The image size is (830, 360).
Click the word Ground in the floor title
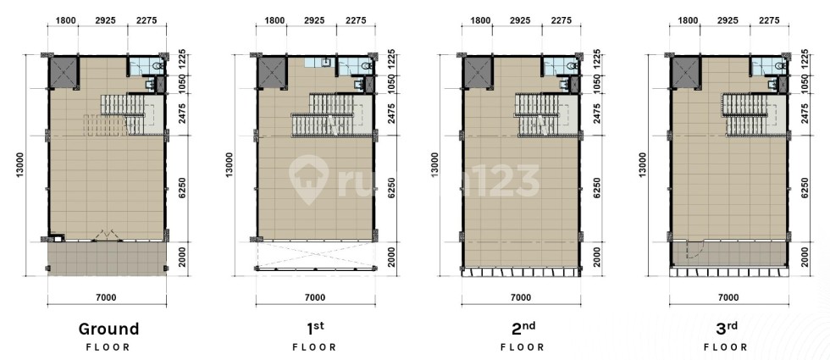coord(108,329)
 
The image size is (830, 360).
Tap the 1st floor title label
coord(314,329)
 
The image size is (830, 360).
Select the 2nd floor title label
coord(523,329)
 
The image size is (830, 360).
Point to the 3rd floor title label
coord(727,329)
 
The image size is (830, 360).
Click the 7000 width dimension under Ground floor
coord(107,297)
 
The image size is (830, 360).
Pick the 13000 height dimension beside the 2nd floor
coord(435,165)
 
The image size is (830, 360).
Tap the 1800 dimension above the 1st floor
coord(274,20)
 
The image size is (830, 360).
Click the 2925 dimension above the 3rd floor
coord(728,20)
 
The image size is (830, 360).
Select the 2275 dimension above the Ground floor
coord(147,20)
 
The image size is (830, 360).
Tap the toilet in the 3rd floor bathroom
coord(780,66)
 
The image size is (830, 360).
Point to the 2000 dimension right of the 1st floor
coord(392,259)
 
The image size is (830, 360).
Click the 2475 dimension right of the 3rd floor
coord(806,114)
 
